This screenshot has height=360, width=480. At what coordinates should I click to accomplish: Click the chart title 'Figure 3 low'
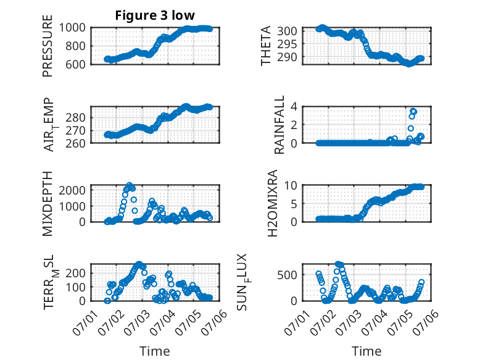(155, 15)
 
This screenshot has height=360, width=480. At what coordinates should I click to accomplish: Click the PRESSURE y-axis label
(48, 46)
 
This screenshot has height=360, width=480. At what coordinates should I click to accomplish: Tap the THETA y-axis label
(266, 46)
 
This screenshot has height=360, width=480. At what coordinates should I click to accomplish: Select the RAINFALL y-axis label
(279, 124)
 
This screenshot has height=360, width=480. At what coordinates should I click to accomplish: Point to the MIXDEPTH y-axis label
(48, 203)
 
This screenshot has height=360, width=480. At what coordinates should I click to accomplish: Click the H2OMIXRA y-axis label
(272, 203)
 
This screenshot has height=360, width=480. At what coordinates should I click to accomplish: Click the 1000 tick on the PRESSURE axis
(72, 28)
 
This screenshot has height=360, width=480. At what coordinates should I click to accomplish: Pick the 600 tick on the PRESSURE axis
(75, 64)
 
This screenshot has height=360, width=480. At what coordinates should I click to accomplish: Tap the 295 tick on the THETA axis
(287, 44)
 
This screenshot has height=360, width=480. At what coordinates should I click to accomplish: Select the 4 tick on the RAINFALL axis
(294, 106)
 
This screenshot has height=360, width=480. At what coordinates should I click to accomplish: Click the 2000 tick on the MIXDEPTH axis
(72, 190)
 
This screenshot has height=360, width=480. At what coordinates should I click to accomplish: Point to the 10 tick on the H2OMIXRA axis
(291, 185)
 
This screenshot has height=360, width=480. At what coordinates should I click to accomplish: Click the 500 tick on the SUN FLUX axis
(287, 275)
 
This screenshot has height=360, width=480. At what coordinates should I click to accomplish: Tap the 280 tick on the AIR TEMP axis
(75, 117)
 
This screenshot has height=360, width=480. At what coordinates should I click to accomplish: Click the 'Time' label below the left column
(155, 351)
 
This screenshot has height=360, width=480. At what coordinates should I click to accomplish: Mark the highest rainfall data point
(413, 111)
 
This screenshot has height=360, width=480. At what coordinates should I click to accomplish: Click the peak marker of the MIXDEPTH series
(130, 185)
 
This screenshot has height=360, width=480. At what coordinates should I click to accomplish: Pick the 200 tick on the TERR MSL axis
(75, 273)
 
